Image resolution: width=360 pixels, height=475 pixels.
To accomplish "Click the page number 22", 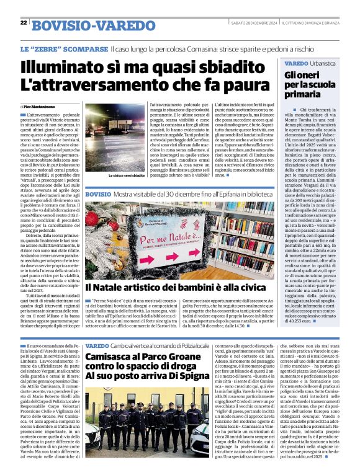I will pos(24,23).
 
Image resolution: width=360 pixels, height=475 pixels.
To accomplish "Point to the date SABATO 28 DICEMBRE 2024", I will pos(252,23).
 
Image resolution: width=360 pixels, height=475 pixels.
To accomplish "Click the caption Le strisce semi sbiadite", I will pos(127,175).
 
